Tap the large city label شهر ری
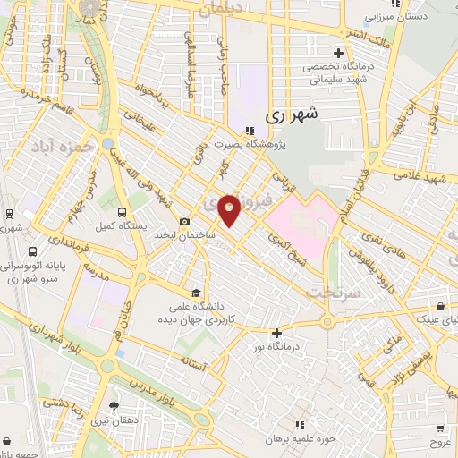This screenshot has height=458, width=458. pos(293,114)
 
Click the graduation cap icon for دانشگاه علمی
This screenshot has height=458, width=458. pos(196,293)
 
